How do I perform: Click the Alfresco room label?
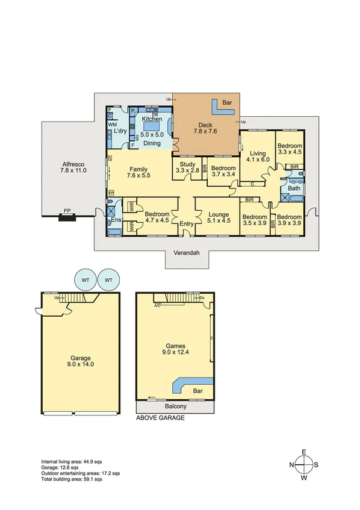click(x=73, y=167)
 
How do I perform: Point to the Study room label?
click(x=187, y=167)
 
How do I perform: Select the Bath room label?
click(x=294, y=188)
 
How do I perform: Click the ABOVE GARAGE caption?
click(x=160, y=417)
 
